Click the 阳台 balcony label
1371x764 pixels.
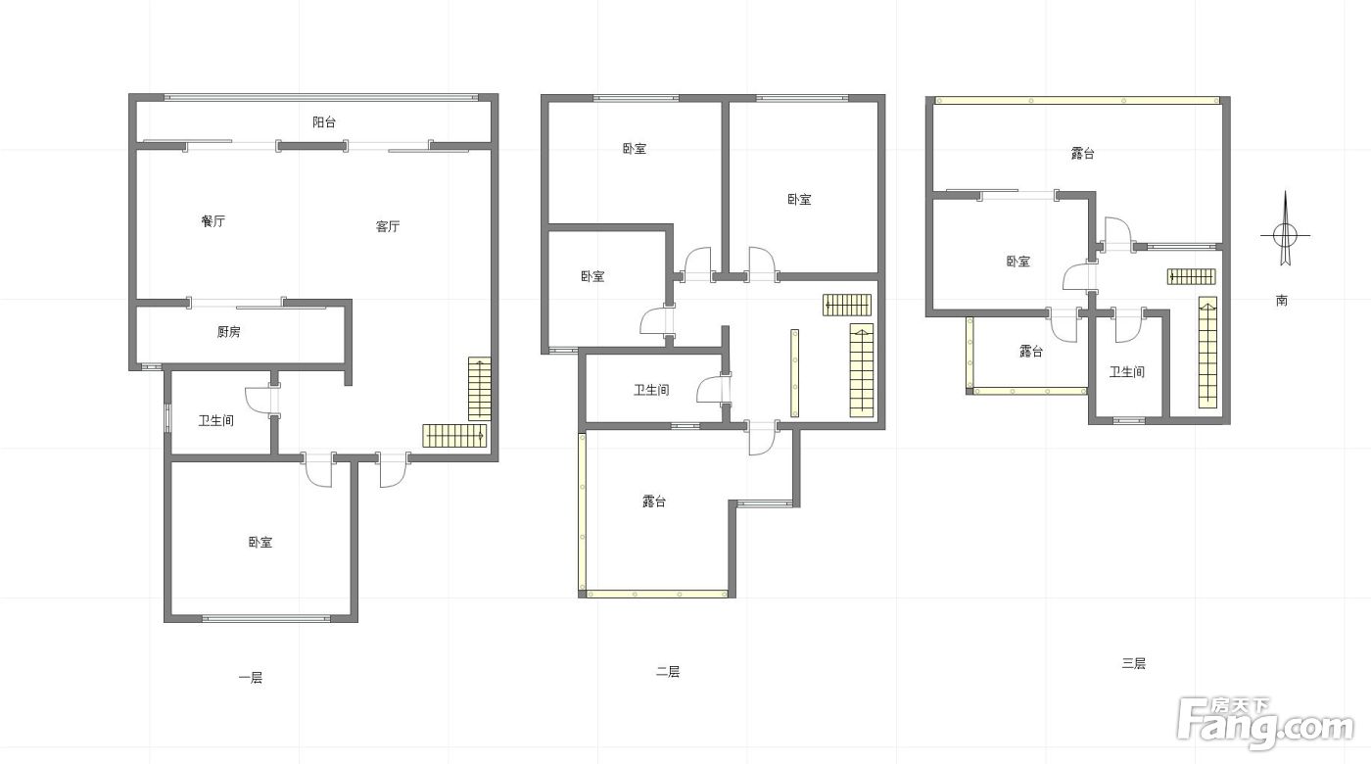(324, 122)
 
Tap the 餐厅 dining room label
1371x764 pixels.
(213, 221)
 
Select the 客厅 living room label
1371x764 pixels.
(388, 226)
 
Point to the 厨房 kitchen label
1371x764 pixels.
(228, 332)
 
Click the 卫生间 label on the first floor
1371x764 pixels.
(216, 420)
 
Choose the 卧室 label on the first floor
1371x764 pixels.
(260, 543)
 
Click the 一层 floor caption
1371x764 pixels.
(251, 678)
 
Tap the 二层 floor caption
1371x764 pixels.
(668, 672)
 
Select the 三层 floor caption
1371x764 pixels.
(1134, 663)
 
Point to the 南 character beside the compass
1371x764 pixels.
(1282, 300)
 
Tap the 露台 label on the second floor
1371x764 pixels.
(654, 501)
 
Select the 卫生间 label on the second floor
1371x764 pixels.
(651, 390)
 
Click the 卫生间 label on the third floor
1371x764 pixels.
(1127, 371)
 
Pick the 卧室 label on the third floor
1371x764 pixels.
(1017, 262)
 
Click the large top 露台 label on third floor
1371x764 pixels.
(1083, 153)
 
